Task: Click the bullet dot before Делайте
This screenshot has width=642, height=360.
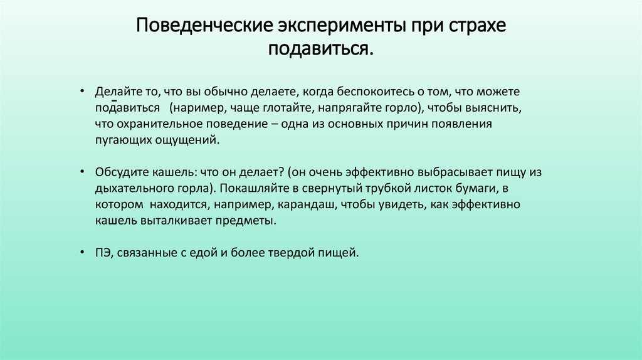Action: (x=82, y=92)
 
